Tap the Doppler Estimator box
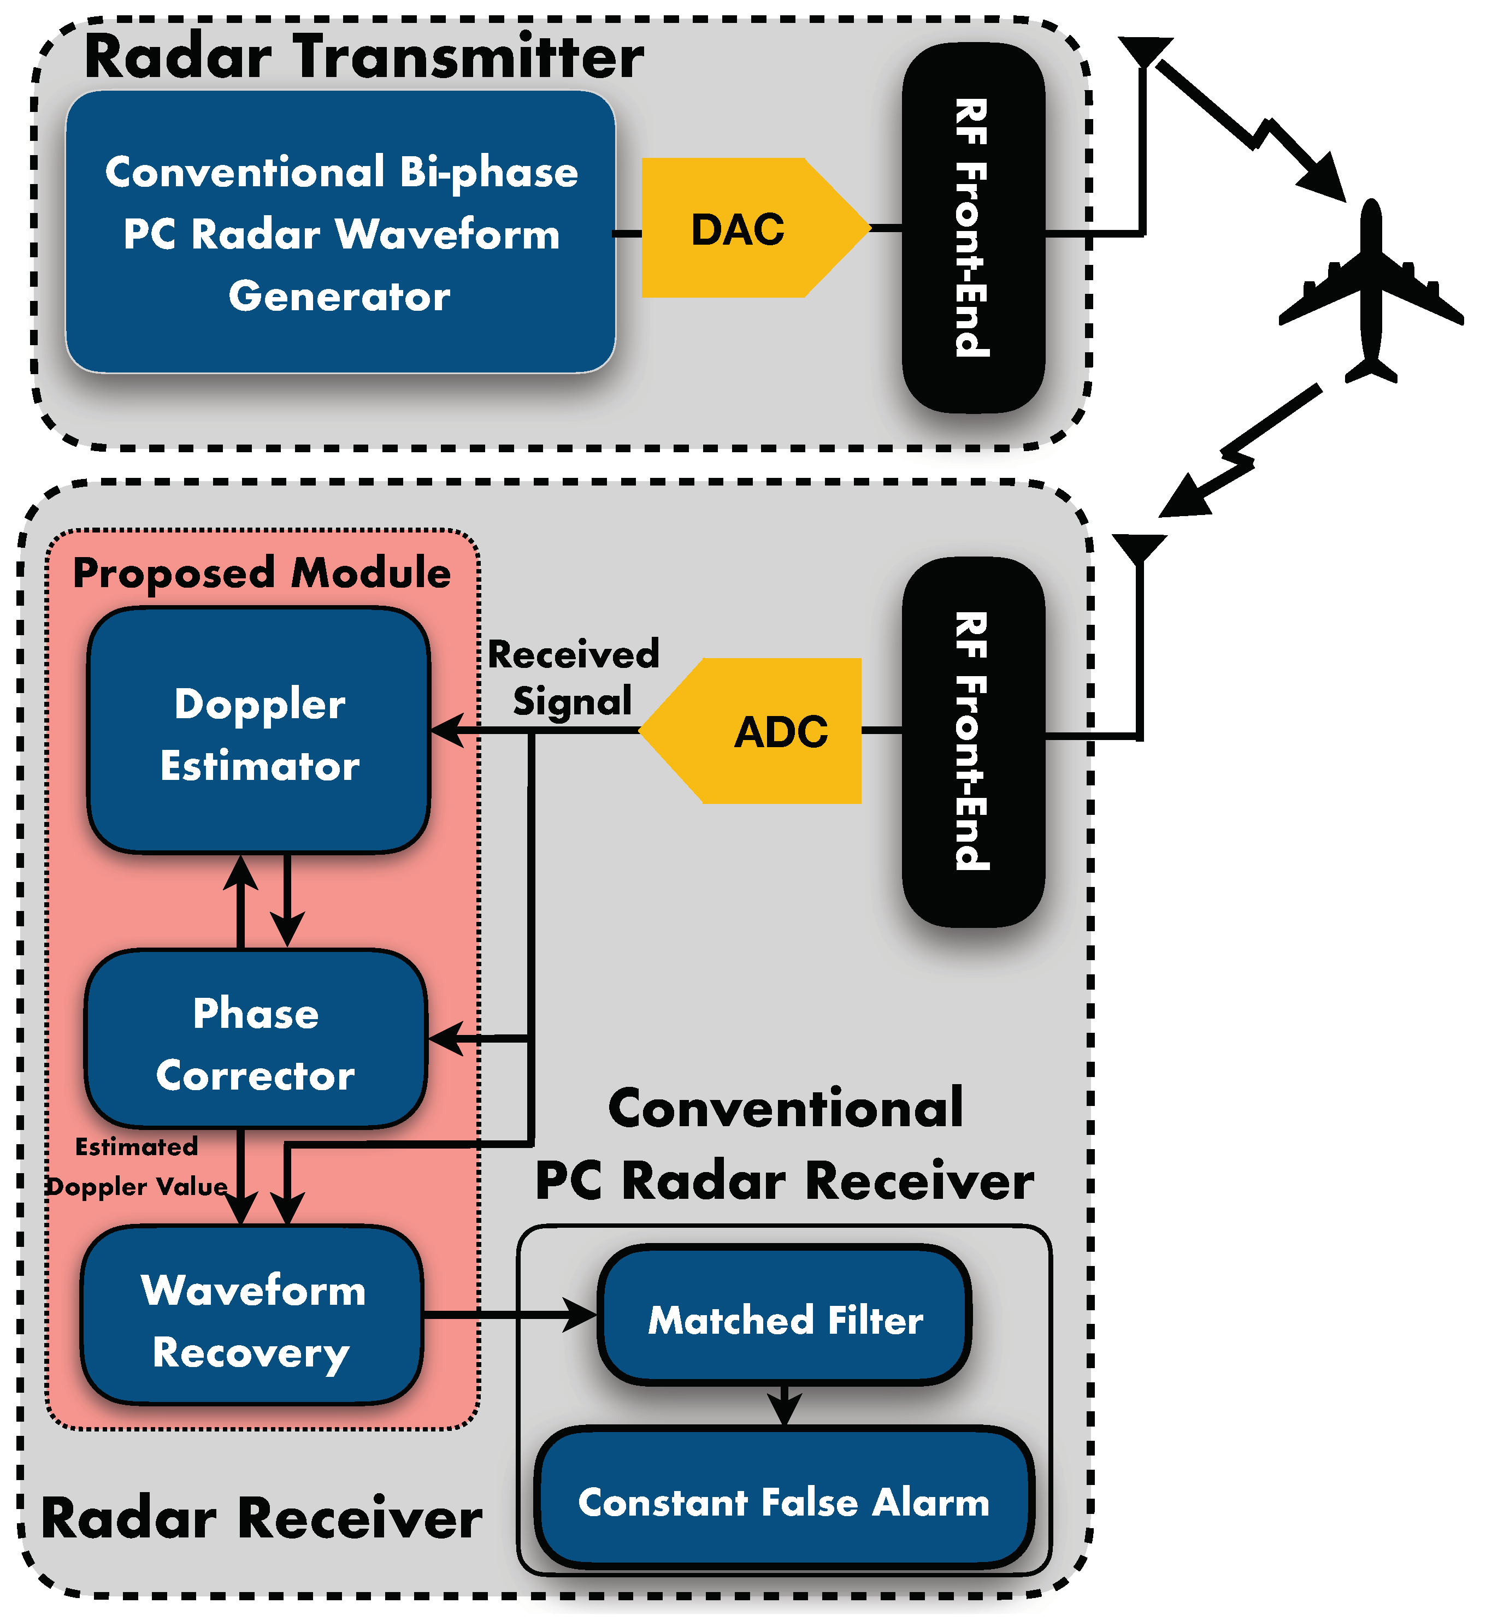coord(259,732)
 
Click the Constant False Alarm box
coord(786,1502)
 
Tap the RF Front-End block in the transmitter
coord(974,228)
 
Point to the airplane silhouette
coord(1372,289)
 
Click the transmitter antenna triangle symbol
coord(1145,50)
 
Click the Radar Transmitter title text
coord(363,58)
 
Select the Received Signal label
coord(573,677)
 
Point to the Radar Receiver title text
coord(261,1519)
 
